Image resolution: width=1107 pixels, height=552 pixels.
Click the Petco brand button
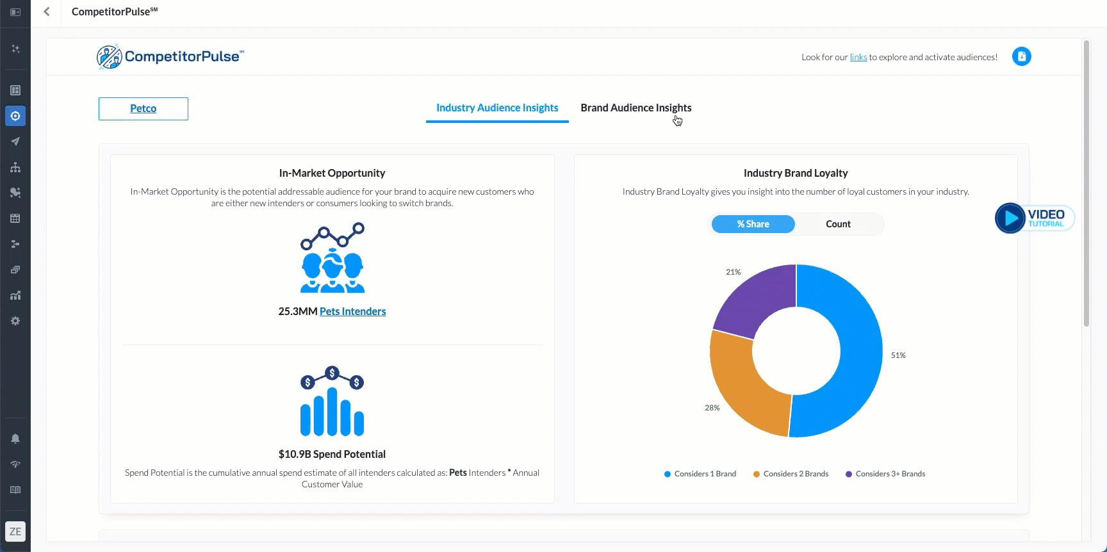pyautogui.click(x=143, y=109)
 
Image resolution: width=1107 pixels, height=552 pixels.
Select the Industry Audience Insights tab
pyautogui.click(x=497, y=108)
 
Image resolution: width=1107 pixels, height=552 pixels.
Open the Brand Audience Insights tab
pyautogui.click(x=635, y=108)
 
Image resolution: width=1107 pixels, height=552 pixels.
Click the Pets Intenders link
pyautogui.click(x=352, y=311)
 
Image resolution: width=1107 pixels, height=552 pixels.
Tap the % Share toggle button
pyautogui.click(x=753, y=224)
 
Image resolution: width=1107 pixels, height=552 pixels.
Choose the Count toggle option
pyautogui.click(x=838, y=224)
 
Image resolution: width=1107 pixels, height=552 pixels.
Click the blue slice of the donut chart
pyautogui.click(x=852, y=359)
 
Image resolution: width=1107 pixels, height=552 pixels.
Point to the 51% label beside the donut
pyautogui.click(x=898, y=355)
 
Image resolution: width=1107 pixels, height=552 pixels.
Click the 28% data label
pyautogui.click(x=712, y=408)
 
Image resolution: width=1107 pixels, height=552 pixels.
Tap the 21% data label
pyautogui.click(x=733, y=272)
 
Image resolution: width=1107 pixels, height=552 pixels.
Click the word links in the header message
pyautogui.click(x=858, y=58)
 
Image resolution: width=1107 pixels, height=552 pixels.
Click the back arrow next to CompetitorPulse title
pyautogui.click(x=47, y=12)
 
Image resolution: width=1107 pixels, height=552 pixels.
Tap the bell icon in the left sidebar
pyautogui.click(x=15, y=439)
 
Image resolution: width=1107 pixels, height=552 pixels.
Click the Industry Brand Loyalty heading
pyautogui.click(x=796, y=173)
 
